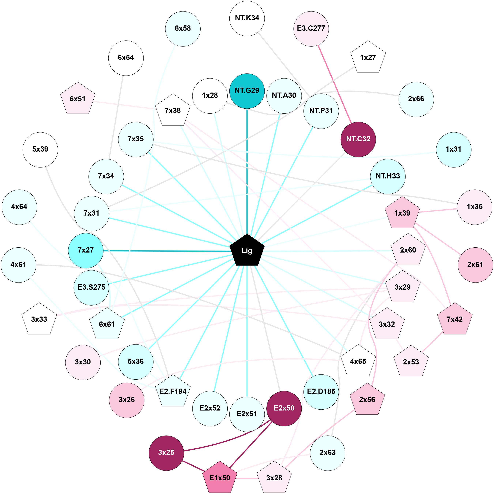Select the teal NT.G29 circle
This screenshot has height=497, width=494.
point(247,91)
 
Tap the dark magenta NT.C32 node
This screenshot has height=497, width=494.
point(358,140)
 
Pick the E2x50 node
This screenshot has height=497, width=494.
point(284,408)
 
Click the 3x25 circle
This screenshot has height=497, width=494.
point(166,453)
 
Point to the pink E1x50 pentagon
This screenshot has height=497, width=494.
point(220,478)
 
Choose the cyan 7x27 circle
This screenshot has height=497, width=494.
point(86,251)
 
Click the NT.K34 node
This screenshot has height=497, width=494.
point(247,18)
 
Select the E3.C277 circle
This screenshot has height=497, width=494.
point(311,29)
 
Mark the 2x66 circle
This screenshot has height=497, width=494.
point(416,99)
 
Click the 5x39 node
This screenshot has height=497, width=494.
point(40,150)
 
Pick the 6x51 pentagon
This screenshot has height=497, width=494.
point(78,99)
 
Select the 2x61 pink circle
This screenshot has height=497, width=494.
point(475,265)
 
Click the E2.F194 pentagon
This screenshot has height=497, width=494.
point(173,391)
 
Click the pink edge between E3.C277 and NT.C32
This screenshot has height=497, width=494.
point(334,84)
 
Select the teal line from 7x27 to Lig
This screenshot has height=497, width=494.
point(167,251)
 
